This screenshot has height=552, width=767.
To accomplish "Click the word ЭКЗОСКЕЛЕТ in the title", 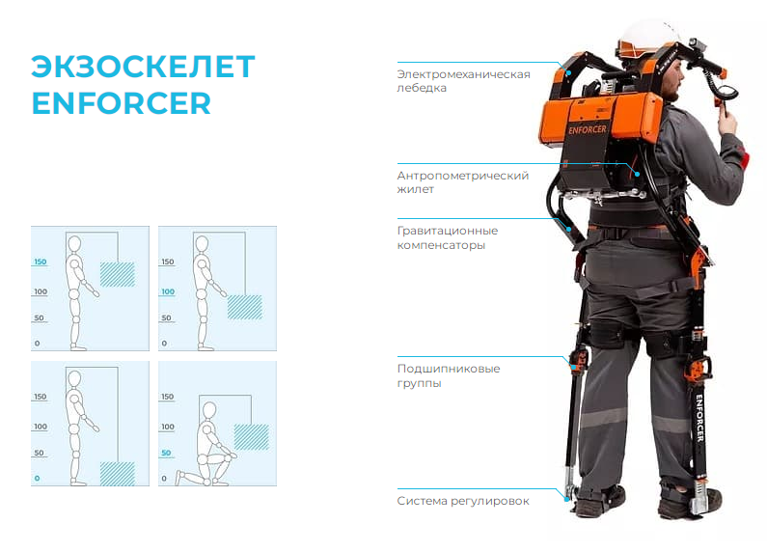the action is pyautogui.click(x=143, y=66).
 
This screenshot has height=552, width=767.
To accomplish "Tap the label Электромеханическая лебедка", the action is pyautogui.click(x=463, y=81).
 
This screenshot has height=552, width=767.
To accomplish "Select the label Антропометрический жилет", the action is pyautogui.click(x=463, y=182).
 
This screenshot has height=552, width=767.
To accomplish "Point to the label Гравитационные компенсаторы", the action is pyautogui.click(x=447, y=237).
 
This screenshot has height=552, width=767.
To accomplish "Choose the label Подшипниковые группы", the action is pyautogui.click(x=448, y=375).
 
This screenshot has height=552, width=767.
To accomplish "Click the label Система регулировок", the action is pyautogui.click(x=463, y=501).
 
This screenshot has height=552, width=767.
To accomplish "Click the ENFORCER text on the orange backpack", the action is pyautogui.click(x=587, y=129).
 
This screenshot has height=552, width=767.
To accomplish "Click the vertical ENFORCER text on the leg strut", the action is pyautogui.click(x=699, y=418).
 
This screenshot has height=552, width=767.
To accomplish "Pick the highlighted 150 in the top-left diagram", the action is pyautogui.click(x=41, y=262).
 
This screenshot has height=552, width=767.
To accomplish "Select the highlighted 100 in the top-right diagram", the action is pyautogui.click(x=168, y=291).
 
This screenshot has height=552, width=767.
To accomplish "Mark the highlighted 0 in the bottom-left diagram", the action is pyautogui.click(x=38, y=478).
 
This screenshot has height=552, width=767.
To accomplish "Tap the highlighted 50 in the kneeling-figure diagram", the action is pyautogui.click(x=166, y=453).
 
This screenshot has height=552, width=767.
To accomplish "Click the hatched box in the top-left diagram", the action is pyautogui.click(x=118, y=274).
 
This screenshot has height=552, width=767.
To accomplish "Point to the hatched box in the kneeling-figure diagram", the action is pyautogui.click(x=252, y=437).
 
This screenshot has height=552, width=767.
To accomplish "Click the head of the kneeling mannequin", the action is pyautogui.click(x=209, y=410).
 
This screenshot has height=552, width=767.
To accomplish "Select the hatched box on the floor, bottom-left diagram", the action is pyautogui.click(x=118, y=474).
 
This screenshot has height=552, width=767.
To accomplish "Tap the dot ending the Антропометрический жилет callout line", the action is pyautogui.click(x=638, y=175).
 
